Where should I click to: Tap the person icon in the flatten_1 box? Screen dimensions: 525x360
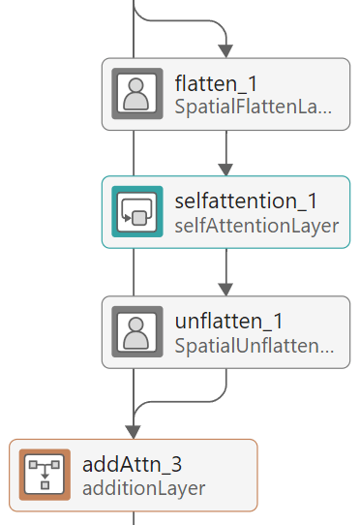(x=137, y=94)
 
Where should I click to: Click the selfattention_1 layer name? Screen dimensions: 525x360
(x=247, y=201)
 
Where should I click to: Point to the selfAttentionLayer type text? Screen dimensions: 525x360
(x=256, y=226)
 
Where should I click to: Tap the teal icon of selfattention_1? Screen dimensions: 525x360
(x=137, y=213)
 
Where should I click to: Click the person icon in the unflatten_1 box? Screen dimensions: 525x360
(x=137, y=332)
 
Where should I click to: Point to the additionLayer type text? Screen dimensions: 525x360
(x=144, y=487)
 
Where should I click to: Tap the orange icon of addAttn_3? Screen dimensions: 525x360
(x=45, y=475)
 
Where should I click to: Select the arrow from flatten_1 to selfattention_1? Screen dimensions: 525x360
(x=225, y=153)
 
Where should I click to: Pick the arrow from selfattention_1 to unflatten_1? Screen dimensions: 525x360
(x=225, y=272)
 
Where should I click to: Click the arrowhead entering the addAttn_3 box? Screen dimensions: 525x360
(x=133, y=431)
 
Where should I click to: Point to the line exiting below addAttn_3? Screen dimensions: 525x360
(x=133, y=518)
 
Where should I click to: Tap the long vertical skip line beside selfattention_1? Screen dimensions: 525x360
(x=133, y=213)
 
